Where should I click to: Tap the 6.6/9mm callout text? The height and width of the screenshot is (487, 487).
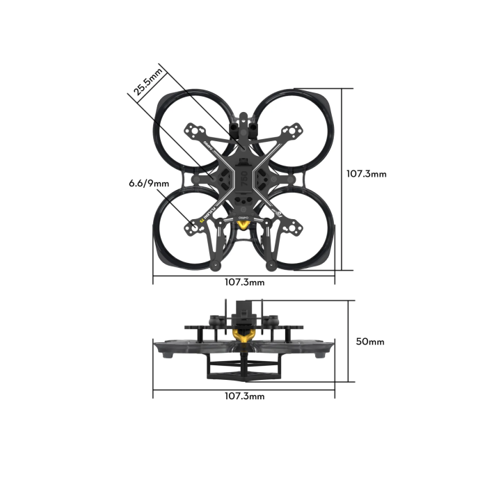click(x=149, y=184)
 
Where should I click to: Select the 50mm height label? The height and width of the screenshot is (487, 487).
click(x=370, y=342)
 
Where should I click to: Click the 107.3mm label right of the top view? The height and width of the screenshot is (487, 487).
click(x=366, y=174)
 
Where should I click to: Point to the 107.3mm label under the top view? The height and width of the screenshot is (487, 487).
click(x=244, y=282)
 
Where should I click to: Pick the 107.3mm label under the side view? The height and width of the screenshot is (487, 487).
click(x=244, y=396)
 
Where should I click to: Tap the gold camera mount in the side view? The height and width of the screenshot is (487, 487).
click(x=243, y=338)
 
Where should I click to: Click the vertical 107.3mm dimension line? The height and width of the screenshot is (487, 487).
click(x=342, y=178)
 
